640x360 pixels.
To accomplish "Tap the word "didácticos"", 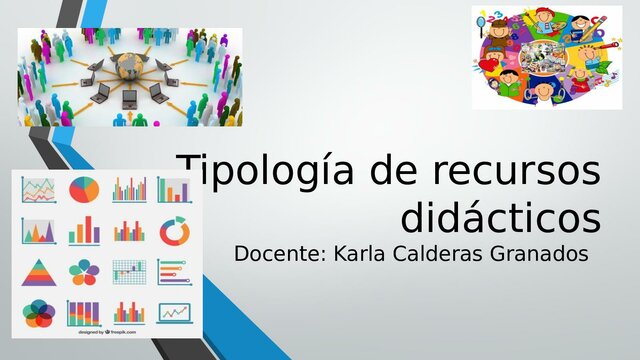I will pos(500,216).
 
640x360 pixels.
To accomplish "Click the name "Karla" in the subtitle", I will pos(360,254).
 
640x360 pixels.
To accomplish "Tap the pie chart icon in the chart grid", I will pos(84,188).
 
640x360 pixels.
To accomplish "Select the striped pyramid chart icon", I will pos(38,271).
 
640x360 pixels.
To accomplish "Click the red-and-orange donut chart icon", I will pos(174,231).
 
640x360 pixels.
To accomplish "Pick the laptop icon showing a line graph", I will pos(174,313).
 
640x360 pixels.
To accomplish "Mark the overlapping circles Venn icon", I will pos(38,313).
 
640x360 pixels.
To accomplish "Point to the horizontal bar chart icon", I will pos(173,271).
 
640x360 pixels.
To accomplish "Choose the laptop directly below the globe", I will pos(129,98).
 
